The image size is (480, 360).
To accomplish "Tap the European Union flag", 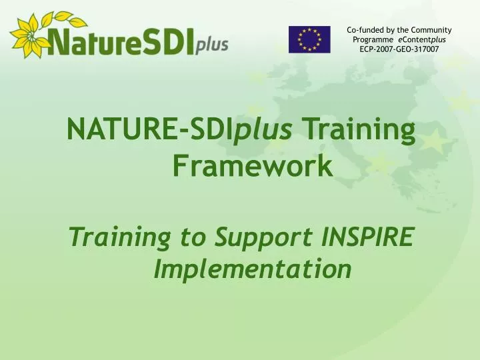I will (309, 39).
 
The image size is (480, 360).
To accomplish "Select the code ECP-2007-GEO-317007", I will (399, 49).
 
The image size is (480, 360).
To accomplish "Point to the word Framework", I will (253, 165).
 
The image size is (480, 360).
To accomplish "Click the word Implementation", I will (253, 269).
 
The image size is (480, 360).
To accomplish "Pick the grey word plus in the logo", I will (212, 45).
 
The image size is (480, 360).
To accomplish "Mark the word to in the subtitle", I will (194, 236).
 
